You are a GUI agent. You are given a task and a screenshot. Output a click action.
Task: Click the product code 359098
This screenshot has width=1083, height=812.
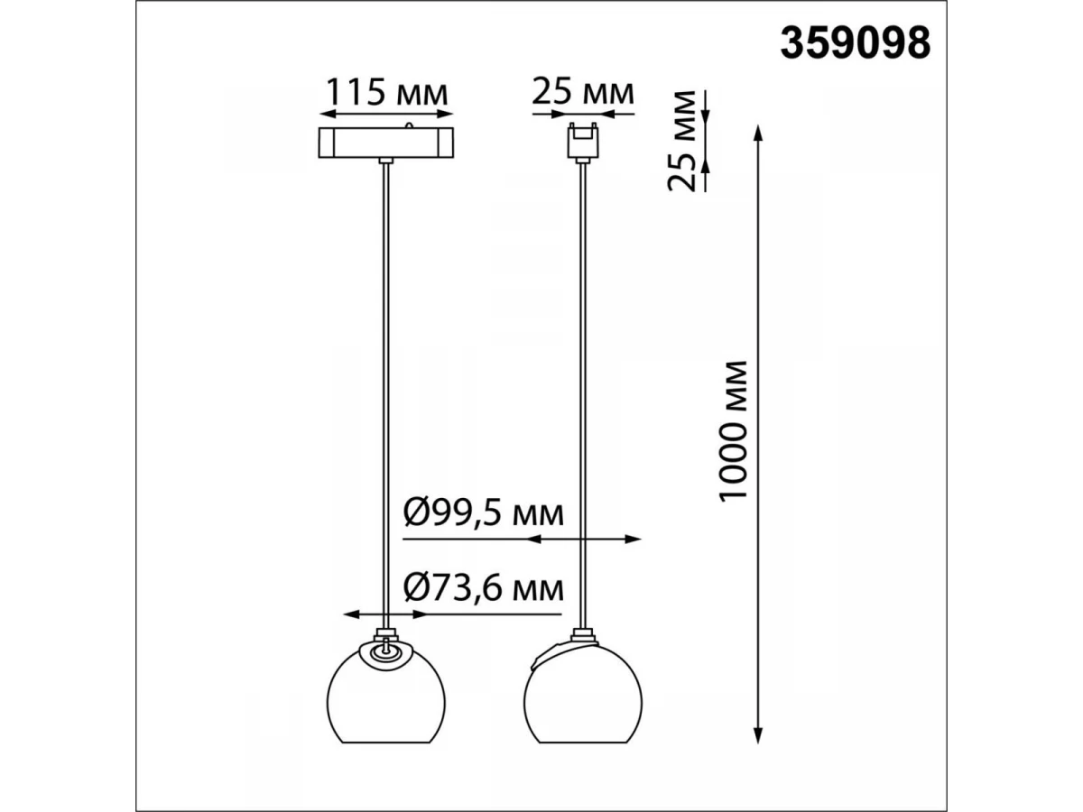click(x=855, y=43)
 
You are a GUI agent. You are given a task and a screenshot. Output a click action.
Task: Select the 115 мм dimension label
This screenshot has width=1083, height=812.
click(x=386, y=92)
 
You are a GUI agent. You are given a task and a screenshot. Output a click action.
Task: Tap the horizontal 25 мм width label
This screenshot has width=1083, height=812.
click(x=583, y=92)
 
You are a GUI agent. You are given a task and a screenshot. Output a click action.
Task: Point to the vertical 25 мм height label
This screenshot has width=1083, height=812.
click(x=681, y=141)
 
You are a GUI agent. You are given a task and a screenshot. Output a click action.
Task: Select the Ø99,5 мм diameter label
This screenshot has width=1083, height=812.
click(x=483, y=513)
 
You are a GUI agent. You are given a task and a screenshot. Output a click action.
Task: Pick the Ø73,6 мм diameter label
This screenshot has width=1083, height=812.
click(x=483, y=588)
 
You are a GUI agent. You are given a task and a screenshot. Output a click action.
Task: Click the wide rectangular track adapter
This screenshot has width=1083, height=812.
click(x=385, y=143)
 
